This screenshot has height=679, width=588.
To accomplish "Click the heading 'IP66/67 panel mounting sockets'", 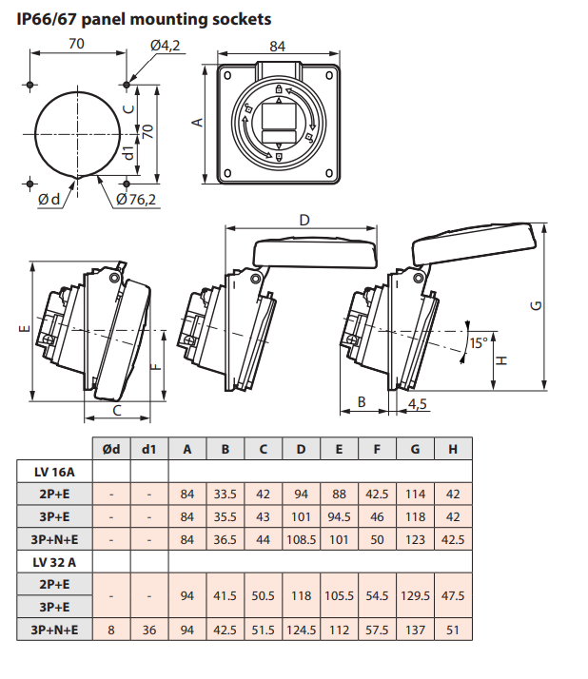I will (137, 18).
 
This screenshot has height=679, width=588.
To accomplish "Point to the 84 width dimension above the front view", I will (278, 45).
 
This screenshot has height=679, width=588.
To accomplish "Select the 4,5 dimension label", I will (417, 403).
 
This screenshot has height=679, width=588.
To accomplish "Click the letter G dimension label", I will (537, 305).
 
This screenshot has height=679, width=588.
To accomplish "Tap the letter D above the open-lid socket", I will (304, 220).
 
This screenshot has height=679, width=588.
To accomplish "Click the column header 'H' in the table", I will (452, 449).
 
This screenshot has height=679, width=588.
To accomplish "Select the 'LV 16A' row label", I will (54, 471).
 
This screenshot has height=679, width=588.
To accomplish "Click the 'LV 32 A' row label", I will (54, 562).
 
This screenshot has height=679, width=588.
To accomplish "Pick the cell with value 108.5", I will (301, 539).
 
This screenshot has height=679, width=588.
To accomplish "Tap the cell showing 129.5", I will (415, 596).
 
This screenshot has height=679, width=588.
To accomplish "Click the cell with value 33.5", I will (225, 494).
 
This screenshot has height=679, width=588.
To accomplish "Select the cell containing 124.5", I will (301, 630).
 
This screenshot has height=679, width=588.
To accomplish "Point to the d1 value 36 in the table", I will (148, 630).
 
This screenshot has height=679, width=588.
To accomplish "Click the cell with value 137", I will (415, 630).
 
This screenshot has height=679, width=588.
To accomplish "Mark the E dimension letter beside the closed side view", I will (25, 330).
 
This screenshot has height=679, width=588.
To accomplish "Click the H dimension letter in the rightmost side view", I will (502, 359).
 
